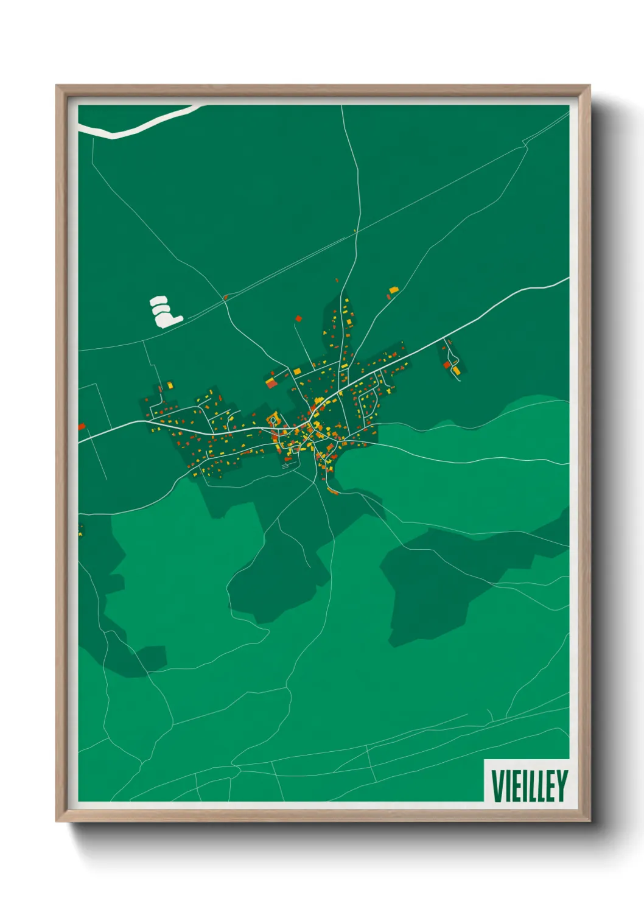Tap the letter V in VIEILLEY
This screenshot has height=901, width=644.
pos(497,785)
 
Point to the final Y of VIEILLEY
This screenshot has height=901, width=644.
pos(562,785)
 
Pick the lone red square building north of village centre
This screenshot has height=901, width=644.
pos(298,318)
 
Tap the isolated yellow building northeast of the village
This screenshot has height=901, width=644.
pos(393,290)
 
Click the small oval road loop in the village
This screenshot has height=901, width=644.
pos(274,419)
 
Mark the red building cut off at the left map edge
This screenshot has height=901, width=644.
pos(82,427)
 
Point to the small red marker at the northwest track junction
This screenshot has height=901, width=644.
pos(225,297)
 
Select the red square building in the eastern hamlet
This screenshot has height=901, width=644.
pos(447,365)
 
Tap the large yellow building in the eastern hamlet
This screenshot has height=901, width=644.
pos(456,370)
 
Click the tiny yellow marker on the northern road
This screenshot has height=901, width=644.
pos(355,231)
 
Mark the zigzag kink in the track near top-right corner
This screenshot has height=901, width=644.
pos(525,144)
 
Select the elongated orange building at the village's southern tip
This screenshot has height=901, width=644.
pos(333,491)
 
